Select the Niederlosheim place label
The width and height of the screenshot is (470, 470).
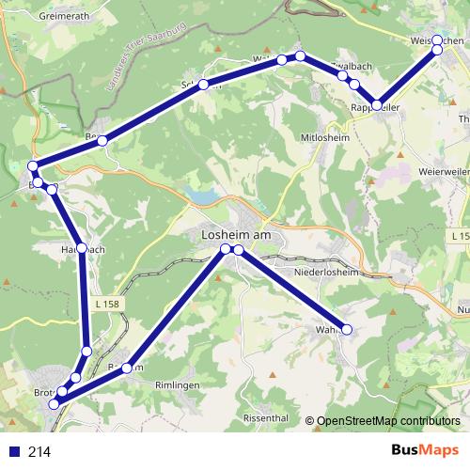[325, 272]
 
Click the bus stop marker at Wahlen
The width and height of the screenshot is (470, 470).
[347, 330]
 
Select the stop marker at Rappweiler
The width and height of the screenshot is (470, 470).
[377, 105]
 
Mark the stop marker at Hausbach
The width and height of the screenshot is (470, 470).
[82, 248]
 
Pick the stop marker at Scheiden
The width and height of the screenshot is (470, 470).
[202, 85]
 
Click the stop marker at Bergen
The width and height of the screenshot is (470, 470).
[102, 141]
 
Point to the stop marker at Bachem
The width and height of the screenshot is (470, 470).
[127, 368]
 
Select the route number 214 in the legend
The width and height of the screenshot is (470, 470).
[39, 452]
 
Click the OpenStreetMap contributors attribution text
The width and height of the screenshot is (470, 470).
[388, 421]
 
